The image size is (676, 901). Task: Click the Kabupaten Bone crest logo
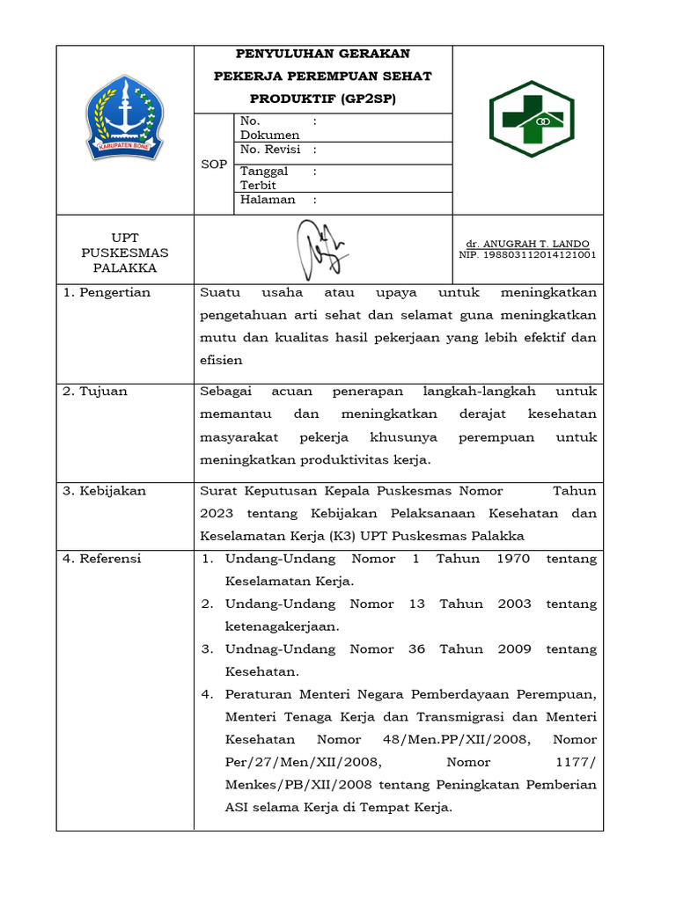124,117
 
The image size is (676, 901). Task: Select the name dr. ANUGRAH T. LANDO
527,244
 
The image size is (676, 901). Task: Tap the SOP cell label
214,165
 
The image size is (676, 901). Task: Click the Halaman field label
268,200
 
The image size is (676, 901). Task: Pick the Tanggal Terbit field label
264,179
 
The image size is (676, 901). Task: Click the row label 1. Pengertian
107,293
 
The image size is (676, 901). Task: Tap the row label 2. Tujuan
95,392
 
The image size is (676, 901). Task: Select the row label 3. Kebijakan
104,491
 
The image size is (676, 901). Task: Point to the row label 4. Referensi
102,559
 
